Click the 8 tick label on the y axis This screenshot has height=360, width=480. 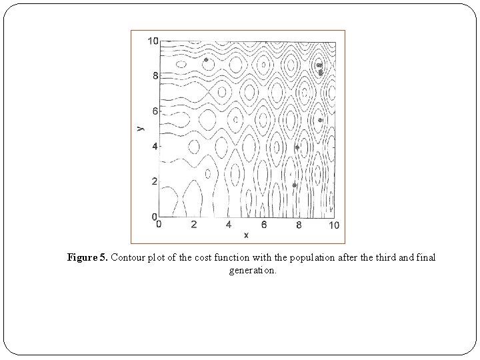[x=155, y=76]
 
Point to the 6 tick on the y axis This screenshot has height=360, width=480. [x=155, y=111]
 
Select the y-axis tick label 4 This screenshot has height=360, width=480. [x=155, y=146]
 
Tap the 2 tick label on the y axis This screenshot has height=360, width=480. [x=155, y=181]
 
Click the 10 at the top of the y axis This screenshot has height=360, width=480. [x=153, y=41]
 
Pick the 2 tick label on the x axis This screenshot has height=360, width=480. [x=194, y=225]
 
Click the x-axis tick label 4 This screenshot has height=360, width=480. [x=229, y=225]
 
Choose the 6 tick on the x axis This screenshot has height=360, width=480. [x=264, y=225]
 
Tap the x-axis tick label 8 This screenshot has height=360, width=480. [x=299, y=225]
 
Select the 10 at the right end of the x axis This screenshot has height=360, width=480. [x=333, y=225]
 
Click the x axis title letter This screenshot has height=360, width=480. [x=246, y=235]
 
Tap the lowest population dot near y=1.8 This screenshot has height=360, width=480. [x=295, y=185]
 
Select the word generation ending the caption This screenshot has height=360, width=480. [x=251, y=271]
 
